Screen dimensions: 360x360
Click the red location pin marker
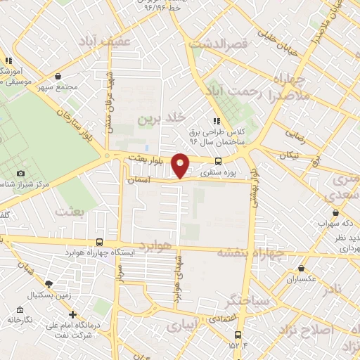181,165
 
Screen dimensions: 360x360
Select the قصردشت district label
226,44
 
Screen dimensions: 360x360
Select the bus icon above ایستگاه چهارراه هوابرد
99,241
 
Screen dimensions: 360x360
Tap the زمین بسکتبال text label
49,295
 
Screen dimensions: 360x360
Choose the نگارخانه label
21,319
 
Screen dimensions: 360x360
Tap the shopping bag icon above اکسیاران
302,268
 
